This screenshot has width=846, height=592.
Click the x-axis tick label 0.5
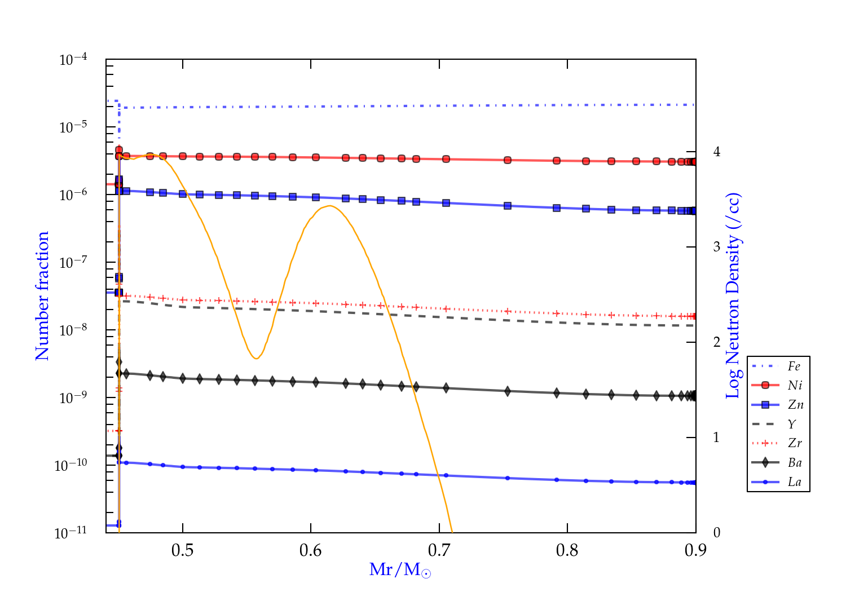coord(182,550)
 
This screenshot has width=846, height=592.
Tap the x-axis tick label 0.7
coord(439,550)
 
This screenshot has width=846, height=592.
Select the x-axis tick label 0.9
coord(695,550)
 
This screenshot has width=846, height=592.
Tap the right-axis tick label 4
coord(717,152)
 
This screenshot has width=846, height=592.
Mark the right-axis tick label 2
coord(717,342)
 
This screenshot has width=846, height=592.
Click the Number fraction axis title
coord(42,295)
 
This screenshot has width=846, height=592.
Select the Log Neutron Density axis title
coord(733,295)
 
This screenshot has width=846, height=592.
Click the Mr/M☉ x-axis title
coord(400,570)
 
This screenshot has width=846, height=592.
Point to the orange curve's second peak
coord(329,205)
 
